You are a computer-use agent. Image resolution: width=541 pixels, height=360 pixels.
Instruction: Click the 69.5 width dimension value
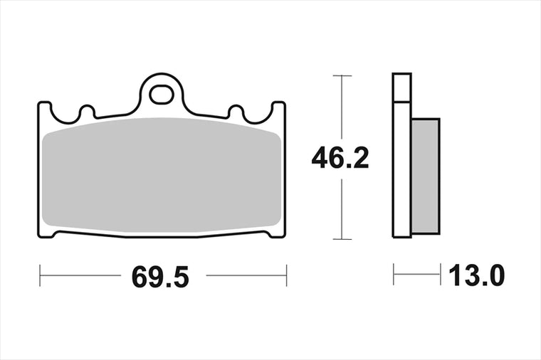click(x=160, y=277)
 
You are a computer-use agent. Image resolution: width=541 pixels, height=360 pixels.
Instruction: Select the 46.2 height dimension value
click(x=340, y=157)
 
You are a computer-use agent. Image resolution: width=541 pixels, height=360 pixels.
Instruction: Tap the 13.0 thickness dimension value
click(x=476, y=275)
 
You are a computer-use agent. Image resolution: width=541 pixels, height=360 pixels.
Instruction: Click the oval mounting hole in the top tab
click(x=162, y=94)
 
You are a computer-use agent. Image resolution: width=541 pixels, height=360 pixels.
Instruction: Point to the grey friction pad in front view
click(x=162, y=174)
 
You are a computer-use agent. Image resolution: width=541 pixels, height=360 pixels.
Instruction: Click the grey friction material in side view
click(x=426, y=176)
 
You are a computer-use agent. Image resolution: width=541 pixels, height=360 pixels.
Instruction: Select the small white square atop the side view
click(x=402, y=88)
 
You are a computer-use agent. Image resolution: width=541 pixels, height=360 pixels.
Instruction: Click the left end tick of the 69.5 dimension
click(x=40, y=275)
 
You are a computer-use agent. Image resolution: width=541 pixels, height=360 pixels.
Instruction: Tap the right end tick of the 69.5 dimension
click(x=286, y=275)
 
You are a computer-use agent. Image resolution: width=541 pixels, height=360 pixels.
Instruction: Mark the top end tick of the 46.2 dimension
click(x=342, y=75)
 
